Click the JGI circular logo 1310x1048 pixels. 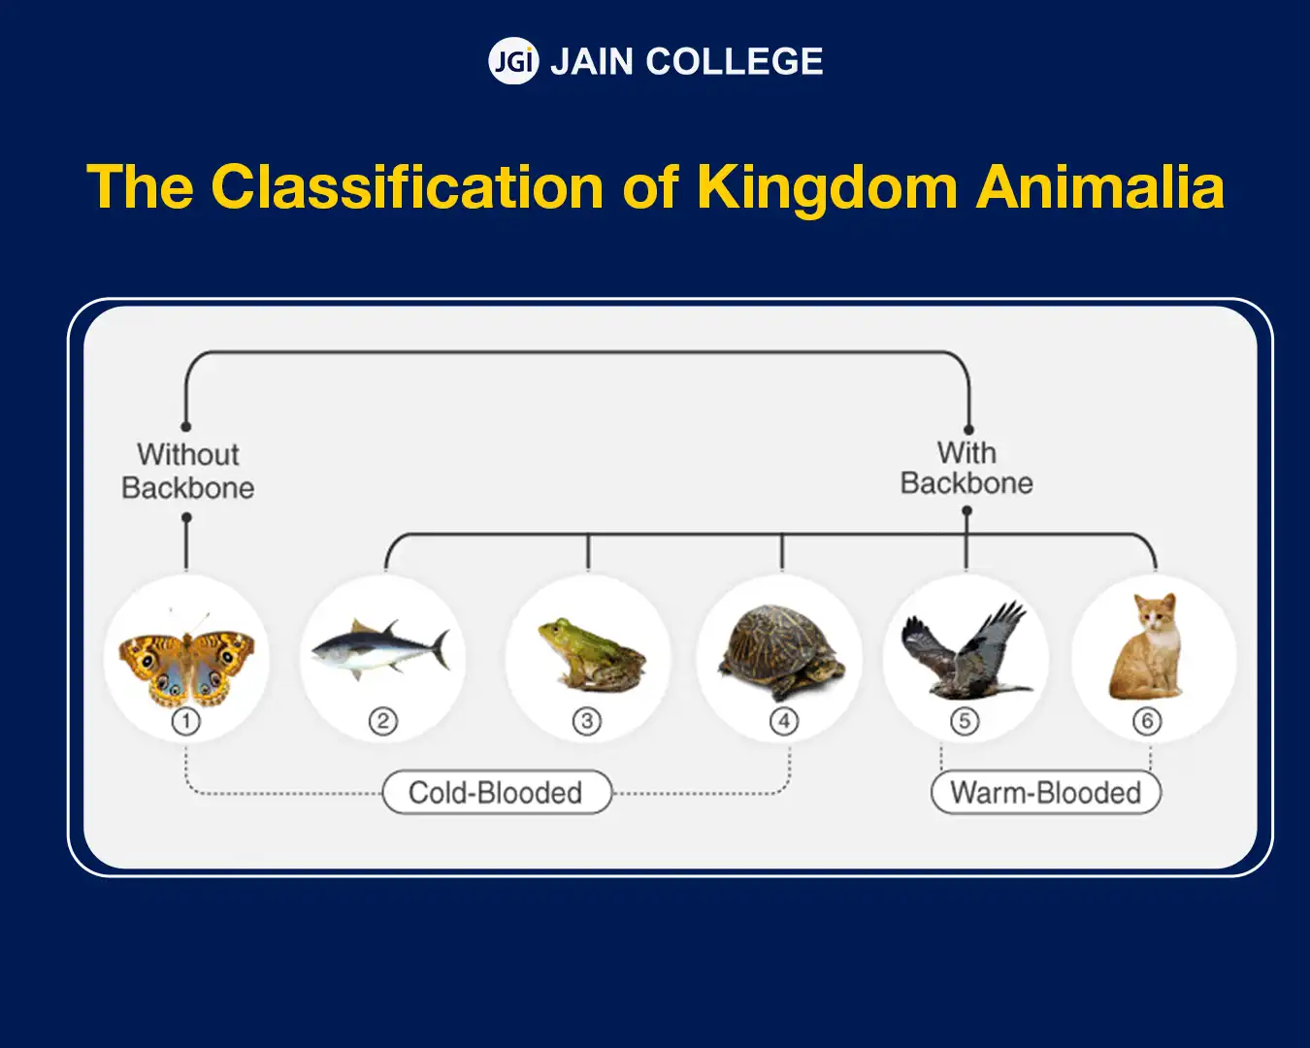pyautogui.click(x=513, y=61)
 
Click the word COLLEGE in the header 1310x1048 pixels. pyautogui.click(x=735, y=61)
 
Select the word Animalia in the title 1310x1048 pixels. pyautogui.click(x=1100, y=186)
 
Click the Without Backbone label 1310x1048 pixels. pyautogui.click(x=187, y=472)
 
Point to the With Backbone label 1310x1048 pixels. pyautogui.click(x=966, y=469)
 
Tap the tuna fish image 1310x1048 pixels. pyautogui.click(x=380, y=650)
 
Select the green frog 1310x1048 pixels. pyautogui.click(x=591, y=655)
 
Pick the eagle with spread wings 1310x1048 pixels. pyautogui.click(x=966, y=650)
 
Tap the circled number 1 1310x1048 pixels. pyautogui.click(x=185, y=722)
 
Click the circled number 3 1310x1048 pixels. pyautogui.click(x=587, y=722)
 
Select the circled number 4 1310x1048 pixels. pyautogui.click(x=783, y=722)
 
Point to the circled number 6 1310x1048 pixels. pyautogui.click(x=1147, y=722)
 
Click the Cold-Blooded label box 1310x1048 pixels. pyautogui.click(x=497, y=792)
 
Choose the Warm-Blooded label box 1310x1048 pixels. pyautogui.click(x=1046, y=792)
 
